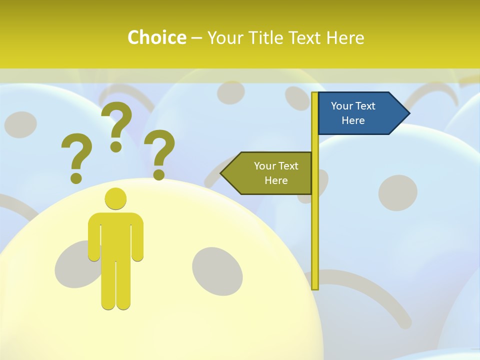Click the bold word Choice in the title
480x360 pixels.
click(x=156, y=37)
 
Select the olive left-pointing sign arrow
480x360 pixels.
click(x=267, y=173)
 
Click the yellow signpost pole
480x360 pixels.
click(x=315, y=225)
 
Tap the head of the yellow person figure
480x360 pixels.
click(x=115, y=199)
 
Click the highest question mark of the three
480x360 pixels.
click(x=117, y=125)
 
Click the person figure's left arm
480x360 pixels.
click(x=94, y=237)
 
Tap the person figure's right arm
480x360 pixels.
click(x=137, y=237)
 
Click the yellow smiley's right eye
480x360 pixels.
click(x=217, y=270)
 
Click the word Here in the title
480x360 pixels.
click(x=345, y=37)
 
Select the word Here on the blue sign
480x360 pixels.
click(x=353, y=120)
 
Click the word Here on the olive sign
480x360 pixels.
click(x=276, y=180)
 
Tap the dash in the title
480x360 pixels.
click(x=196, y=38)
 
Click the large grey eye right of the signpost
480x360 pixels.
click(x=397, y=192)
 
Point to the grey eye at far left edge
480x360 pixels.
click(x=20, y=124)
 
